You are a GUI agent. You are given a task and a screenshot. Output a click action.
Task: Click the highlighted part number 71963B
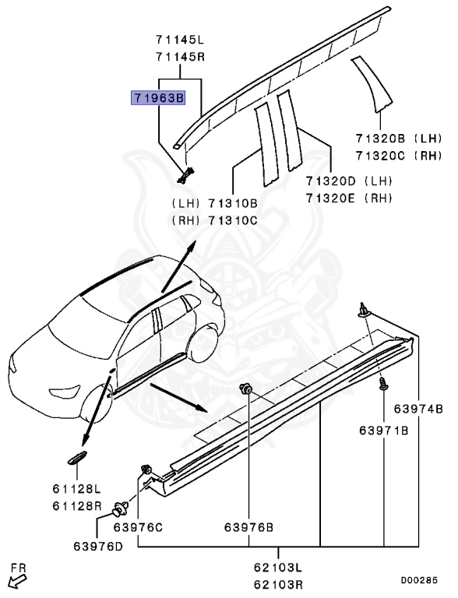pyautogui.click(x=158, y=98)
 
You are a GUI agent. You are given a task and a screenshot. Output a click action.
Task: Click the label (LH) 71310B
pyautogui.click(x=213, y=202)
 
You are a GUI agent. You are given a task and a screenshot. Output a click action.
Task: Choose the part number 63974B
pyautogui.click(x=417, y=409)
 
